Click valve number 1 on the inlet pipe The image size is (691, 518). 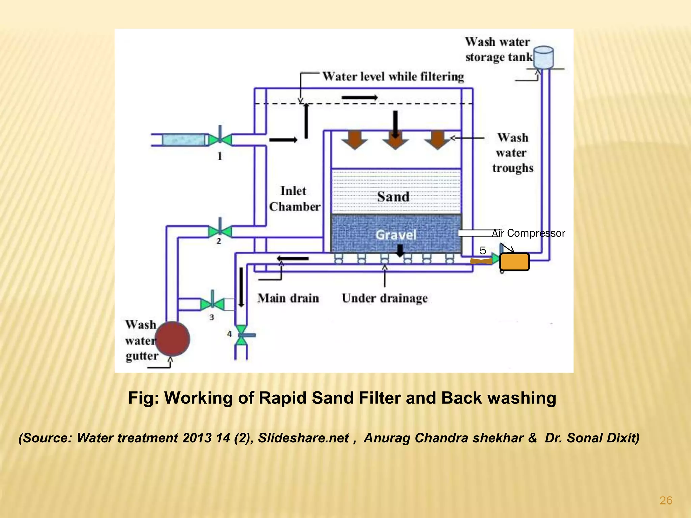coord(220,139)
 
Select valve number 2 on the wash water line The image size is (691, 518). coord(220,231)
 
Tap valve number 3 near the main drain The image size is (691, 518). coord(212,304)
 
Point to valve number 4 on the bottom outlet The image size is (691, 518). coord(241,335)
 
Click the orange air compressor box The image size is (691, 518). coord(514,262)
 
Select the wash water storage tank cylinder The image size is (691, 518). coord(544,57)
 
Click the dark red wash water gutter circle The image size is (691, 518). coord(172,339)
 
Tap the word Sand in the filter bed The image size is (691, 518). coord(393,197)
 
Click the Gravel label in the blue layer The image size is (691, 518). coord(396,235)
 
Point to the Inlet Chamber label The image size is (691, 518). coord(294,199)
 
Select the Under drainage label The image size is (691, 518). coord(385,298)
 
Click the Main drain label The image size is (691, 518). coord(288,298)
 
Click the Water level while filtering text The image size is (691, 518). coord(393,77)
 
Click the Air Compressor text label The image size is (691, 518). coord(528,233)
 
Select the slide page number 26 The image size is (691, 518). coord(666,500)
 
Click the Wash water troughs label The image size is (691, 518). coord(513,153)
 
